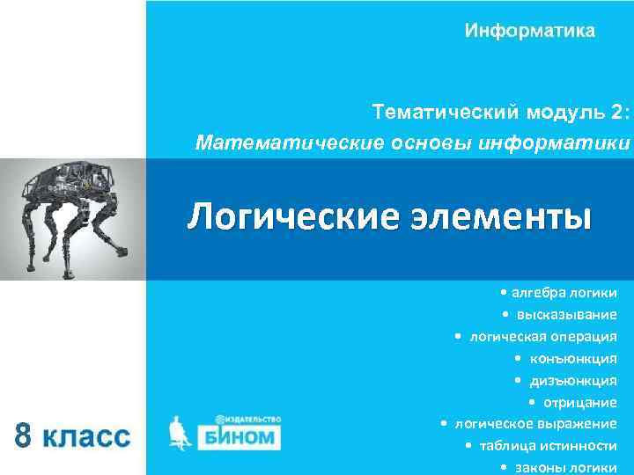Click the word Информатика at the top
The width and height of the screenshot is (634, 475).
click(x=530, y=32)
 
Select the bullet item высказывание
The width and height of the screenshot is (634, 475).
click(x=566, y=314)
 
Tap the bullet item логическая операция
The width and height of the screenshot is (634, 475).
click(x=542, y=336)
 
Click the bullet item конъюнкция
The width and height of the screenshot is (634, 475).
click(x=572, y=358)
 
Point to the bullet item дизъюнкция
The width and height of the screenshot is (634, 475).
click(x=572, y=380)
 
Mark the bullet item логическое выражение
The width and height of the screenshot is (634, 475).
click(x=534, y=424)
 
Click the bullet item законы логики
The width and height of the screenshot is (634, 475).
click(x=564, y=467)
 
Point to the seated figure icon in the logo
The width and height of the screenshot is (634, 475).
click(x=181, y=431)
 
